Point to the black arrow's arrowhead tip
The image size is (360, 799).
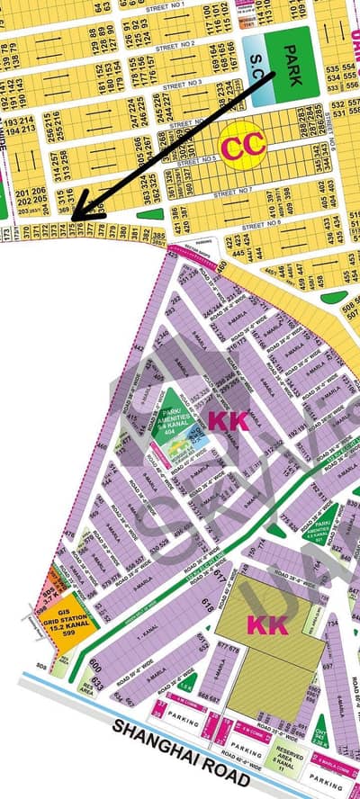click(x=73, y=220)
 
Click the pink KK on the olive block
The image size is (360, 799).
click(x=267, y=624)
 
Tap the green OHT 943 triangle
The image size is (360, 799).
click(x=321, y=749)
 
